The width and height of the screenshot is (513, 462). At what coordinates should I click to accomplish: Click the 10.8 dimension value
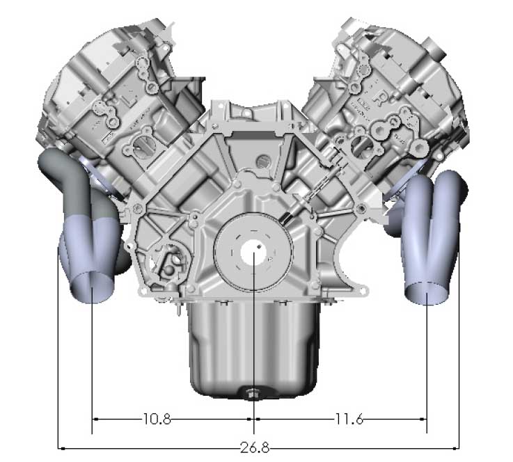tap(157, 419)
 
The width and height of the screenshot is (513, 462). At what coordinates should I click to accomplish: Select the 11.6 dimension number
tap(349, 419)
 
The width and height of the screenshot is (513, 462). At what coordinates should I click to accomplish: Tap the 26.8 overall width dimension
tap(255, 447)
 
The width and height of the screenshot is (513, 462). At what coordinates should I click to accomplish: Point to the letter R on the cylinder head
tap(381, 98)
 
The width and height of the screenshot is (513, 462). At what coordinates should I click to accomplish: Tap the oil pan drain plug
tap(251, 393)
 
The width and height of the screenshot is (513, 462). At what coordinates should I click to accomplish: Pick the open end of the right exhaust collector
tap(427, 293)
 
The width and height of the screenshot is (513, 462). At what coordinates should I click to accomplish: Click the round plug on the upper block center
tap(262, 161)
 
